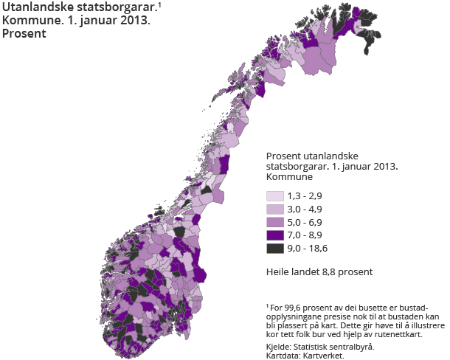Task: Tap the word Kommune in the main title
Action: (27, 21)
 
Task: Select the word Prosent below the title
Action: (24, 33)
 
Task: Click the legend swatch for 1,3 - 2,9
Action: (274, 196)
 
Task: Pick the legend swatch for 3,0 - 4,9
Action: (274, 210)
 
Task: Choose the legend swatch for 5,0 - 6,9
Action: (274, 223)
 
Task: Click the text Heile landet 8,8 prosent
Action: (319, 272)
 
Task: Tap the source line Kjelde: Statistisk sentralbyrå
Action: (319, 346)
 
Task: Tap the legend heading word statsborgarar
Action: (297, 167)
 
